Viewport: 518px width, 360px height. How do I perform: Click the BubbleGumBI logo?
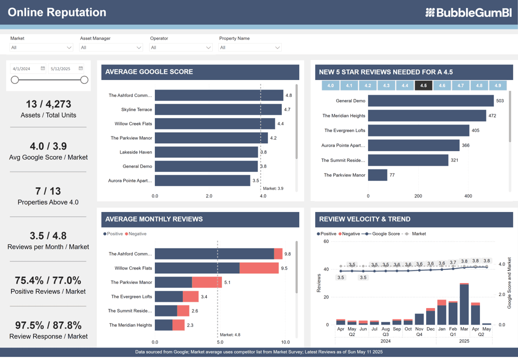(469, 12)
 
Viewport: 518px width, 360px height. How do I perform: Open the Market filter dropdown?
(41, 47)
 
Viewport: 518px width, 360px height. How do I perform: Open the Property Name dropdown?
(250, 47)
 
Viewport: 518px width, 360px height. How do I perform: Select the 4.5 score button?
(424, 85)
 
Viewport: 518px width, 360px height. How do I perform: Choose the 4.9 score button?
(498, 85)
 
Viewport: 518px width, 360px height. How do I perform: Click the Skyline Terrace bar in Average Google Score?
(218, 109)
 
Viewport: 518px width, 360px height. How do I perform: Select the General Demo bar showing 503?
(431, 100)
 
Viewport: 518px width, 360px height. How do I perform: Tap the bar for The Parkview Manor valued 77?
(378, 175)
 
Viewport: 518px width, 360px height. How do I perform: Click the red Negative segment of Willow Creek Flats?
(259, 268)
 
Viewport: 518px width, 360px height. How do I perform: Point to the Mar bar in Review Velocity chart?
(464, 304)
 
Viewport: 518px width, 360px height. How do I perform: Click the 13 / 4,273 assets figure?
(48, 104)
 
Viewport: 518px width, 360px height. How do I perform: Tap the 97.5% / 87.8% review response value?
(48, 325)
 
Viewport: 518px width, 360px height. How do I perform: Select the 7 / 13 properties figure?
(48, 191)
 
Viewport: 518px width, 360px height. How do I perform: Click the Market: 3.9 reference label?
(273, 188)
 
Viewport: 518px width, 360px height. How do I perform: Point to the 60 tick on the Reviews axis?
(326, 241)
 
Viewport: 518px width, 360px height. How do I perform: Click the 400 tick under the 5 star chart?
(468, 196)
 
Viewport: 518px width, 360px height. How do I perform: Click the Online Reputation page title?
(57, 12)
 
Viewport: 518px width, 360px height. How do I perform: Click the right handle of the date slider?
(84, 79)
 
